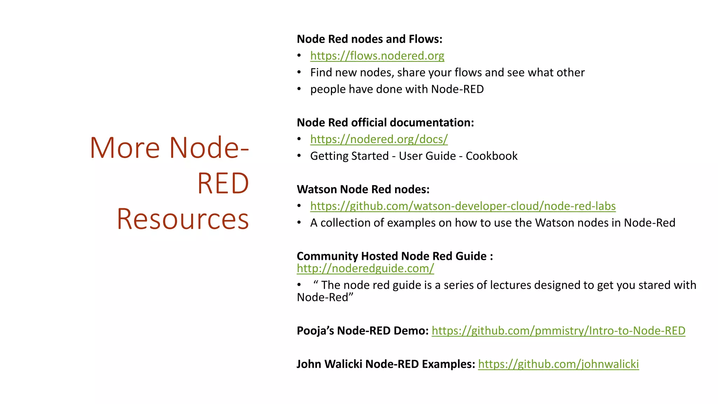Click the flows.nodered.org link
377,56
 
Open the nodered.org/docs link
379,139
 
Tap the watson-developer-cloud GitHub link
463,206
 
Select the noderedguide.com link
365,268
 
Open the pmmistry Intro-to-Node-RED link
558,331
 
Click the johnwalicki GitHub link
558,364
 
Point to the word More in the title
125,148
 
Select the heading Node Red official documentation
385,122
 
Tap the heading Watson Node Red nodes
363,189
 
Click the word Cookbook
492,156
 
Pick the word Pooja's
315,331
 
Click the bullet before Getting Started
299,156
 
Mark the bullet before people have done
299,89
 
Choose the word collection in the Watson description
346,223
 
